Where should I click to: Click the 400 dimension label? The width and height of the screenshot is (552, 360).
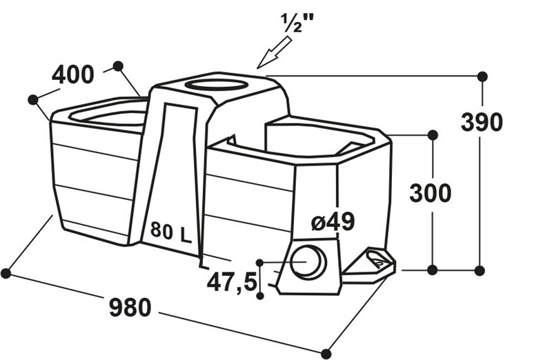coord(73,75)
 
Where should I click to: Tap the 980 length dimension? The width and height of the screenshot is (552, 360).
coord(130,307)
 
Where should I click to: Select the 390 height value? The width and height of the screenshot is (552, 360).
coord(482,122)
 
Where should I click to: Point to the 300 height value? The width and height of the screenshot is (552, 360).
coord(430,193)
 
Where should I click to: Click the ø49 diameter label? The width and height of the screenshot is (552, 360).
coord(333,221)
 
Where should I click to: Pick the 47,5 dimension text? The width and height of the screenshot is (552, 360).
coord(232,283)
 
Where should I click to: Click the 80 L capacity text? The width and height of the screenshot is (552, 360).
coord(170,232)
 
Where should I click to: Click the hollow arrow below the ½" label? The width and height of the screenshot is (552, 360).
coord(275,53)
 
